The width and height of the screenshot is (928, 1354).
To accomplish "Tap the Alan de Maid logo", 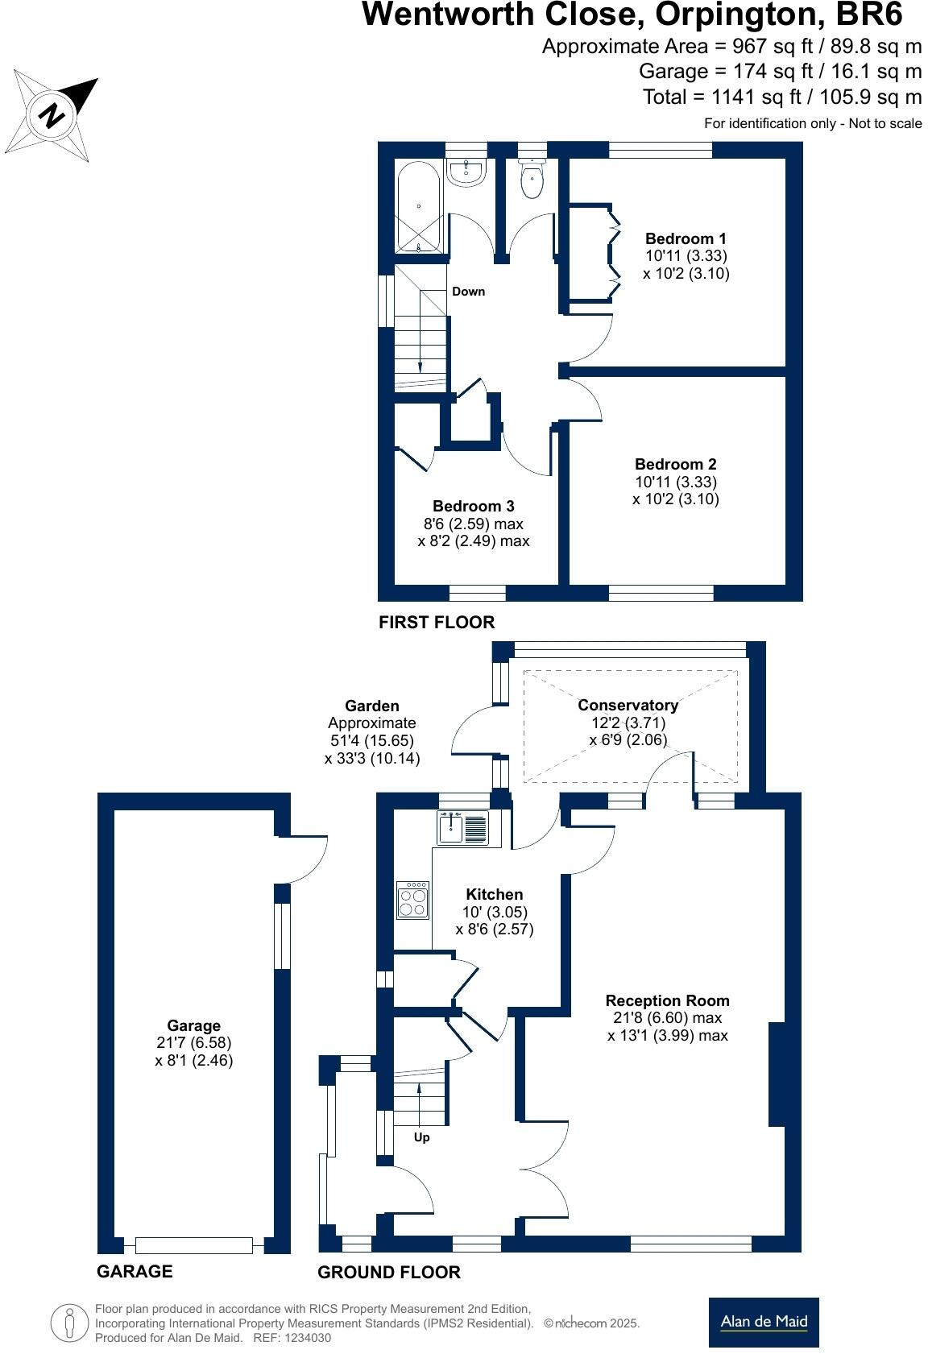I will (x=763, y=1321).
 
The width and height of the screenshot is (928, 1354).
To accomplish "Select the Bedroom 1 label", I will (x=686, y=238).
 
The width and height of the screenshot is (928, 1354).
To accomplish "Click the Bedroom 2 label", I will (x=675, y=464).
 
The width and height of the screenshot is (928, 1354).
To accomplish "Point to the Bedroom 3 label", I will (x=473, y=506).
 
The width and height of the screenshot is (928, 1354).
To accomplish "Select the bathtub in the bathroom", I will (x=419, y=208).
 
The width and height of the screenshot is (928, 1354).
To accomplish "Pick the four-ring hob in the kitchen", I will (x=413, y=900).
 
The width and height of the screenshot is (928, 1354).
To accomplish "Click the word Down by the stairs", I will (x=468, y=292).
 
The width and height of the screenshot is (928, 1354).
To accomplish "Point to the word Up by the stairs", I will (x=421, y=1137).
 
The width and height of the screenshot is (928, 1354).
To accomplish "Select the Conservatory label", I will (x=628, y=705).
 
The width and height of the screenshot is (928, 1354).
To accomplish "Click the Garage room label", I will (x=193, y=1025).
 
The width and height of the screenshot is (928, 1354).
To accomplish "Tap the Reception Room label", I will (x=667, y=1000).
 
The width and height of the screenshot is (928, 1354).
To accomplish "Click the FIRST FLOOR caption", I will (x=437, y=622).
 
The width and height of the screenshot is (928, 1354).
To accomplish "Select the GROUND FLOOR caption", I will (x=389, y=1272).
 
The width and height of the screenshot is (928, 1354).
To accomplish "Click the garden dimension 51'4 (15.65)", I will (x=371, y=740).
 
